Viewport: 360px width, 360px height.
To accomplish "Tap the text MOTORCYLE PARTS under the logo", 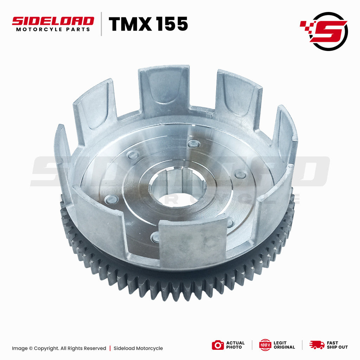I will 53,30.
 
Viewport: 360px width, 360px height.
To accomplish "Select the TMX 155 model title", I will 148,24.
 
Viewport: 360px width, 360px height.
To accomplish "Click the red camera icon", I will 218,345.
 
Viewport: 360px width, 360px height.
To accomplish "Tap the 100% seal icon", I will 265,345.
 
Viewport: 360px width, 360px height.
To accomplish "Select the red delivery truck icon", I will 317,345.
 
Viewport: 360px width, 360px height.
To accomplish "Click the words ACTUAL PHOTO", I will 235,345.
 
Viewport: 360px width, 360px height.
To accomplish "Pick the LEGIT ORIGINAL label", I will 284,345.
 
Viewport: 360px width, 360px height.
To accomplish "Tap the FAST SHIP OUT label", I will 337,345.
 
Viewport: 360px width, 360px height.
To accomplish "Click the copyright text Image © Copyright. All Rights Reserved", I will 59,348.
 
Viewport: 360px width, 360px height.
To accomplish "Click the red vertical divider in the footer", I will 110,348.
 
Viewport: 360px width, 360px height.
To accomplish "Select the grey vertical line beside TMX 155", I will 102,24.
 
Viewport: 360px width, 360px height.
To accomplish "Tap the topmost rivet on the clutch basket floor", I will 194,143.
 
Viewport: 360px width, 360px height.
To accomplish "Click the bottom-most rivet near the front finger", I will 155,238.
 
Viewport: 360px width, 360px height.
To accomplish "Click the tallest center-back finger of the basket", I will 164,91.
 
